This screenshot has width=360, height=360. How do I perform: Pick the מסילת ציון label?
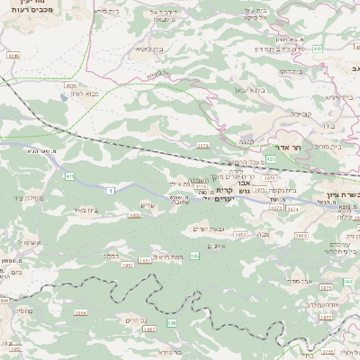[x=30, y=198]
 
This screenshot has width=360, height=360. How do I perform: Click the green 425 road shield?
[x=271, y=158]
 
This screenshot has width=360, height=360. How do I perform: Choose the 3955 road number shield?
[x=134, y=215]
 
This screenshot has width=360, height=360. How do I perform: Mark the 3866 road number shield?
[x=81, y=313]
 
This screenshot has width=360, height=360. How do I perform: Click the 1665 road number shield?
[x=301, y=235]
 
